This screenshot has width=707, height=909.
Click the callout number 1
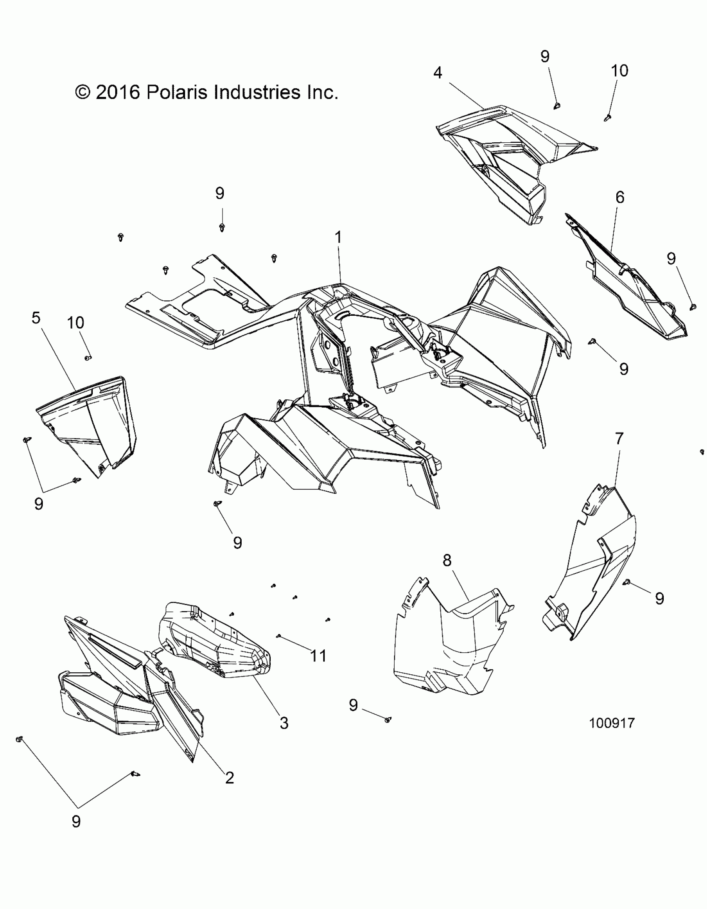tap(338, 238)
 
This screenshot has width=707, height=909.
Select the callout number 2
tap(229, 778)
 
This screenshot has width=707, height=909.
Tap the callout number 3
tap(284, 723)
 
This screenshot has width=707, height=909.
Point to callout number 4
tap(438, 73)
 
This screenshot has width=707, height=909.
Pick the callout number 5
tap(36, 318)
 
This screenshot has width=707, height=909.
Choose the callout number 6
tap(620, 197)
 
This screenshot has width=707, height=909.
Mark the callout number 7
tap(619, 438)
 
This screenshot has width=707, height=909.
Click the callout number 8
tap(447, 561)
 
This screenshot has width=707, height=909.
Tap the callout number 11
tap(318, 656)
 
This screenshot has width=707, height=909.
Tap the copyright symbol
tap(83, 92)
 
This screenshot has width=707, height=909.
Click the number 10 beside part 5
tap(75, 322)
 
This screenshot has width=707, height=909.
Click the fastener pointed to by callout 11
tap(279, 636)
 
